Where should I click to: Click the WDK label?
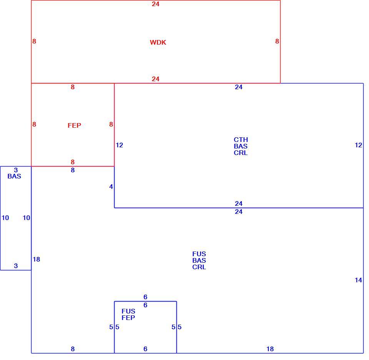tap(158, 42)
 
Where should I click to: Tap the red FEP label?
tap(74, 125)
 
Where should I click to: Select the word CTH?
tap(241, 140)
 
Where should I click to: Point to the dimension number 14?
tap(358, 280)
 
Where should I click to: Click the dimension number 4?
tap(111, 187)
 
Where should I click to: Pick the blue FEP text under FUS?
tap(128, 318)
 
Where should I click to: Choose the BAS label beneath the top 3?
tap(14, 177)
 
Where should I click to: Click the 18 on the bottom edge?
tap(270, 349)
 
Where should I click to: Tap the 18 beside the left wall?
tap(37, 260)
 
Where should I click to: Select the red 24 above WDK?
tap(156, 4)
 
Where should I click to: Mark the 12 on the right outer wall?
tap(358, 145)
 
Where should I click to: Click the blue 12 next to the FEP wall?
tap(119, 145)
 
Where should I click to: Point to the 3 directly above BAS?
tap(16, 170)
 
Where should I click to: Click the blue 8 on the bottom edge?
tap(73, 349)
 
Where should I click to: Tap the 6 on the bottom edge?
tap(145, 349)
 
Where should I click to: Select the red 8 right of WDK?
tap(277, 42)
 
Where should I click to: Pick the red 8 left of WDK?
tap(34, 42)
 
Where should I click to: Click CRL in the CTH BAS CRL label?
tap(241, 153)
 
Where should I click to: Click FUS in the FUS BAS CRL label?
tap(199, 254)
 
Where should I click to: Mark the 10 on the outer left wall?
tap(5, 218)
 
